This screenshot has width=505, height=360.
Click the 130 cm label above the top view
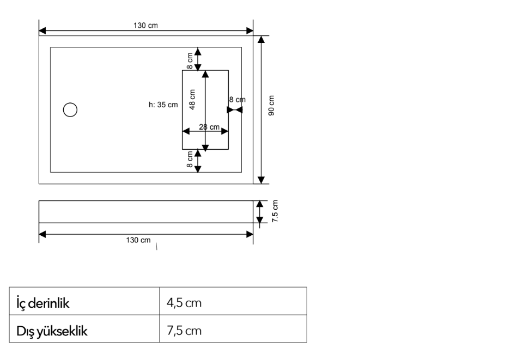click(x=145, y=26)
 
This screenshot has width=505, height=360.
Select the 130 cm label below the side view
click(x=138, y=240)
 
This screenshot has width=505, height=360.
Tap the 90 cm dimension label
click(x=271, y=106)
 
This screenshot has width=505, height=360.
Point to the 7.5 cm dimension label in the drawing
click(x=275, y=211)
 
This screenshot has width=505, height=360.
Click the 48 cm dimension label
click(x=192, y=100)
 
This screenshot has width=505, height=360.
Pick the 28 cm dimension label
click(x=209, y=127)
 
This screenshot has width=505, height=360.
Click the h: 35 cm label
click(x=163, y=105)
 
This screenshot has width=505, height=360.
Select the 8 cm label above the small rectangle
click(x=190, y=61)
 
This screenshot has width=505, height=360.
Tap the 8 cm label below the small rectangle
click(x=190, y=160)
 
